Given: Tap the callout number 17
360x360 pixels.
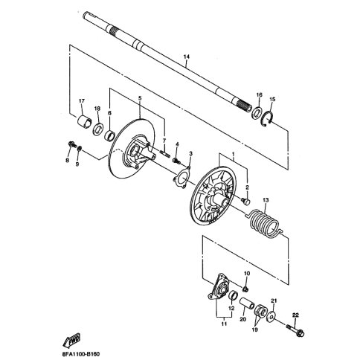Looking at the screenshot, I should pos(81,101).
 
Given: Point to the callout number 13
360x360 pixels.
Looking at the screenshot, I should pos(266,200).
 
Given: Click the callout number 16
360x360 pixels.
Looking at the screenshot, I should pos(259,95).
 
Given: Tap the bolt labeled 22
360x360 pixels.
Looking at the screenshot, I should pos(297,330).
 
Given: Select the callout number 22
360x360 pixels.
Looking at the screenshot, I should pos(295,315).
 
